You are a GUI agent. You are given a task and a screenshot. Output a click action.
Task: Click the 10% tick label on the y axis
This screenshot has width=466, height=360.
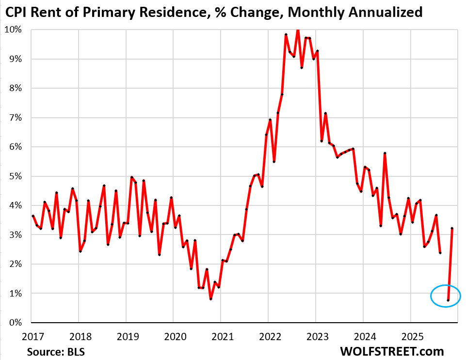click(13, 30)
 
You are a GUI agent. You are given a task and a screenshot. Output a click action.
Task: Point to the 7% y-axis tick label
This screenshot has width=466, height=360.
click(15, 118)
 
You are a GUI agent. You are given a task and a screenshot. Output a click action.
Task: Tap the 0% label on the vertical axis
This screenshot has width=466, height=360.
click(15, 323)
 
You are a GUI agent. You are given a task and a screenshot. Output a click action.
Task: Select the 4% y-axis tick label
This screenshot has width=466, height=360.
click(15, 205)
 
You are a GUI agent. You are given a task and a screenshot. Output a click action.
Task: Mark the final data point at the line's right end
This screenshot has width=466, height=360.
click(452, 228)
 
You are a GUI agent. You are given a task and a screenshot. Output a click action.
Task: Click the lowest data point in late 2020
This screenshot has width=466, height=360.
click(211, 299)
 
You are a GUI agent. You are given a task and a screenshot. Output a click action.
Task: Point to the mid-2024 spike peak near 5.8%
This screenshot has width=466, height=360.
click(385, 153)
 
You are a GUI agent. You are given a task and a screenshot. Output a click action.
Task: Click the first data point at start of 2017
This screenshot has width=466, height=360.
click(32, 216)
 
